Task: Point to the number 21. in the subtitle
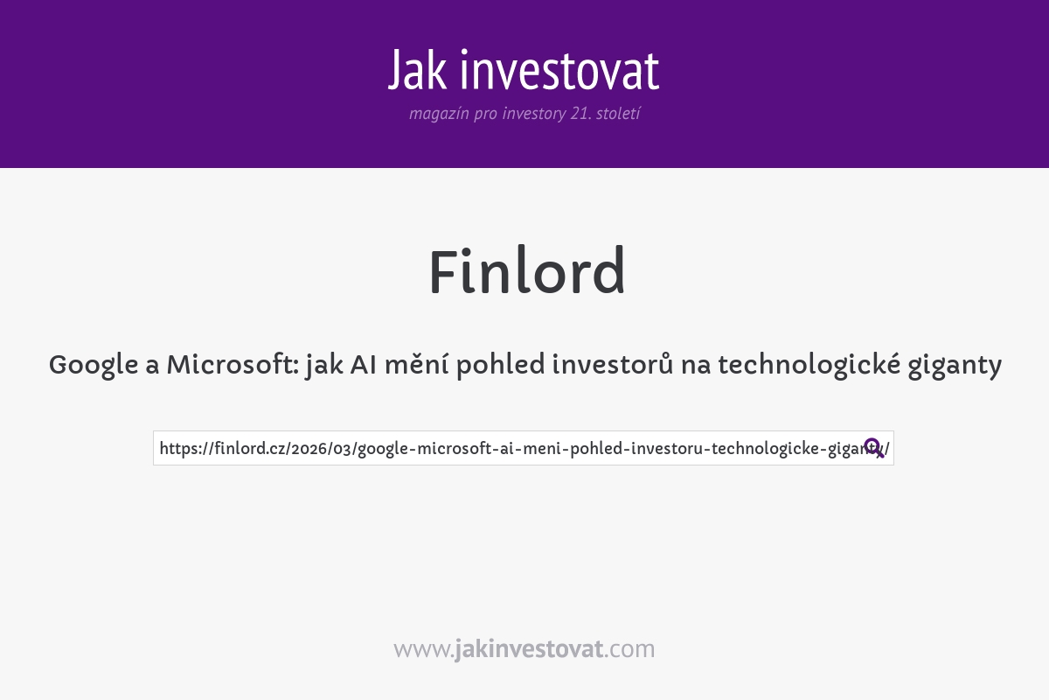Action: [580, 114]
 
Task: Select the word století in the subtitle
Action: [618, 114]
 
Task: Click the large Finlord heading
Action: [526, 272]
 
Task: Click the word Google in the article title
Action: [93, 365]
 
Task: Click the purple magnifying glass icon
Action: [873, 448]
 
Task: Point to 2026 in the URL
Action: [309, 449]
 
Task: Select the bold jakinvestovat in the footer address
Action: [528, 649]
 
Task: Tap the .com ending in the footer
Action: [629, 649]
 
